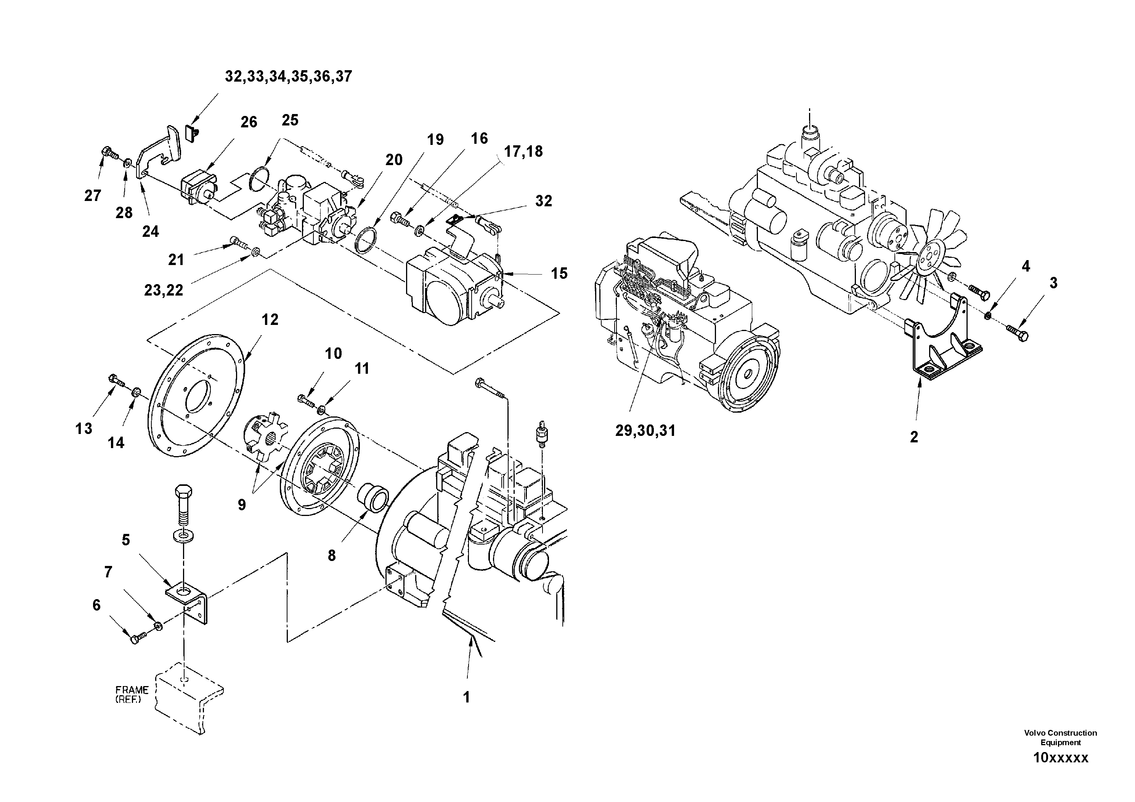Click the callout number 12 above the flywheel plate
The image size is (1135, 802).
click(x=270, y=320)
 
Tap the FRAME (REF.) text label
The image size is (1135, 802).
click(x=132, y=694)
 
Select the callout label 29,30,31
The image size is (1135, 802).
click(x=645, y=431)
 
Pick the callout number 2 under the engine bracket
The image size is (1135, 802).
click(x=914, y=437)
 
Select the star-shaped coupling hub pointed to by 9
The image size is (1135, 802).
click(x=262, y=434)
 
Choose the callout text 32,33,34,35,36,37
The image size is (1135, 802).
click(x=288, y=77)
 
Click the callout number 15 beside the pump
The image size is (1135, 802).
click(x=559, y=273)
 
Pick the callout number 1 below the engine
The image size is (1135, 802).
click(x=466, y=697)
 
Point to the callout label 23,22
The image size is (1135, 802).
click(x=164, y=290)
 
